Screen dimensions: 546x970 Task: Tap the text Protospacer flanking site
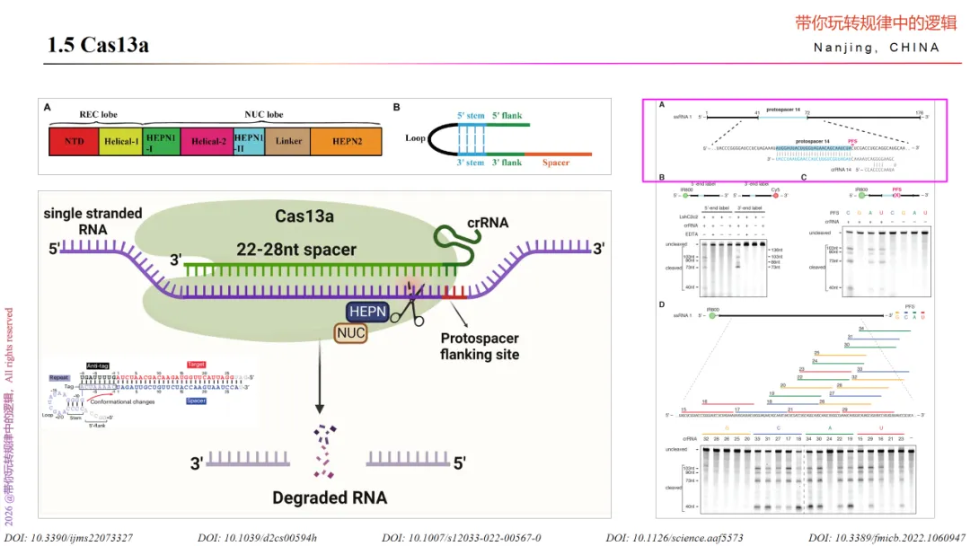[479, 346]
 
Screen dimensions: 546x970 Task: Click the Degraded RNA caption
[330, 498]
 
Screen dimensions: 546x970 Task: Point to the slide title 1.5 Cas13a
[98, 45]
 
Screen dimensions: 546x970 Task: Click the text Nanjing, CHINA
[877, 48]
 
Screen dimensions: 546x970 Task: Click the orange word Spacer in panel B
[556, 163]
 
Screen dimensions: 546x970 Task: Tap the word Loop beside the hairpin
[415, 138]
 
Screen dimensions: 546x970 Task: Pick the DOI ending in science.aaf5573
[675, 538]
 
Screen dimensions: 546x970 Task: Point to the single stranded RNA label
[93, 220]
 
